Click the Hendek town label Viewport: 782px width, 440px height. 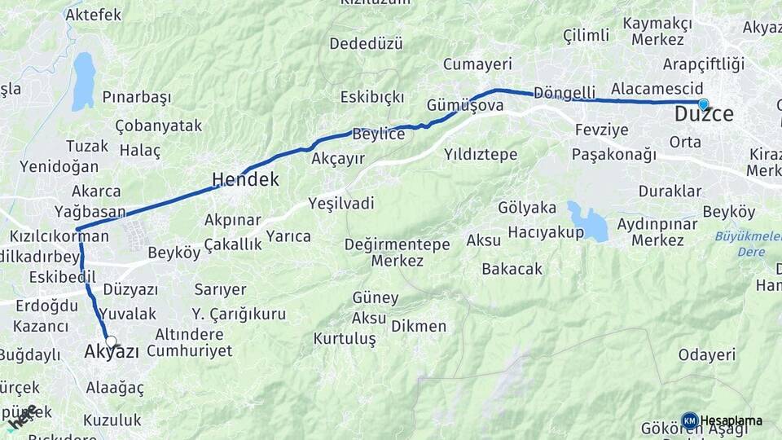(245, 179)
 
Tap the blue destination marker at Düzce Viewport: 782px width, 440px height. (703, 104)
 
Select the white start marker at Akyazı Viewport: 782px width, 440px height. (111, 342)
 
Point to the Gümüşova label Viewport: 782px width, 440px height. (464, 105)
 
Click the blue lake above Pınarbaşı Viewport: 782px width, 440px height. (83, 81)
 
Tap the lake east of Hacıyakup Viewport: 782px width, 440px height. (588, 222)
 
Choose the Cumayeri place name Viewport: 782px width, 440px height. (477, 64)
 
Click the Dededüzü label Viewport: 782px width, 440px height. (367, 43)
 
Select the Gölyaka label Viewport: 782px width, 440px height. (526, 208)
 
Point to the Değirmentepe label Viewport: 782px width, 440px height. (397, 244)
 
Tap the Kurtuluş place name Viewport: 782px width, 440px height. (345, 338)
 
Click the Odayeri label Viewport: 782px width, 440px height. (706, 354)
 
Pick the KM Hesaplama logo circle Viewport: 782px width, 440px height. (689, 420)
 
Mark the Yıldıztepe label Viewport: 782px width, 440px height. (481, 153)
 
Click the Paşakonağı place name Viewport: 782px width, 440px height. (613, 154)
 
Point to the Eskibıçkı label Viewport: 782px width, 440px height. (372, 97)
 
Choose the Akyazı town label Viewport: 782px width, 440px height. (112, 352)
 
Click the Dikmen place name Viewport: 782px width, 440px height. (419, 326)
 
